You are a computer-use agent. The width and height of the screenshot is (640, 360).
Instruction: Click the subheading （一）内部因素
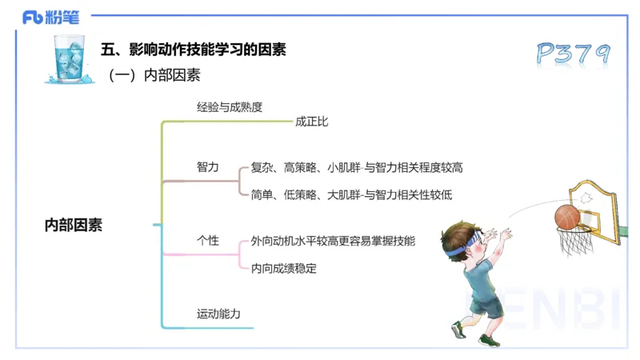tap(154, 76)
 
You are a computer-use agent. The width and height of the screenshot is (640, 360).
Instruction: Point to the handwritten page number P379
tap(573, 54)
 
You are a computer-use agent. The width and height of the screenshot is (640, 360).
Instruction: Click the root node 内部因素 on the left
tap(74, 226)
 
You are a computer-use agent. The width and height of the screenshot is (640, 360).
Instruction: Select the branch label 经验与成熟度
tap(230, 106)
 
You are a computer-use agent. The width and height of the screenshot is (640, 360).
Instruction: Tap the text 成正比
tap(312, 122)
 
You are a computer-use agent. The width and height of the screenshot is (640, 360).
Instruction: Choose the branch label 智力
tap(208, 167)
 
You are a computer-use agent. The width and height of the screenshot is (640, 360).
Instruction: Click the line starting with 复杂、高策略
tap(357, 168)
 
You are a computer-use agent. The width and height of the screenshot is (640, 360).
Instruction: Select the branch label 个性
tap(208, 241)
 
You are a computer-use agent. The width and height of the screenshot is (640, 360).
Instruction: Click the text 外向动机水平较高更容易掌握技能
tap(333, 241)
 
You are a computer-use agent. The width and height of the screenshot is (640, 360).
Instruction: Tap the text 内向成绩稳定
tap(284, 268)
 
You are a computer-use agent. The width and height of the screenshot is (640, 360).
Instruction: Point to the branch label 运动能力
tap(218, 314)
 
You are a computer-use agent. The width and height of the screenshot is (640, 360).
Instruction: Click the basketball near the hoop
tap(567, 216)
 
